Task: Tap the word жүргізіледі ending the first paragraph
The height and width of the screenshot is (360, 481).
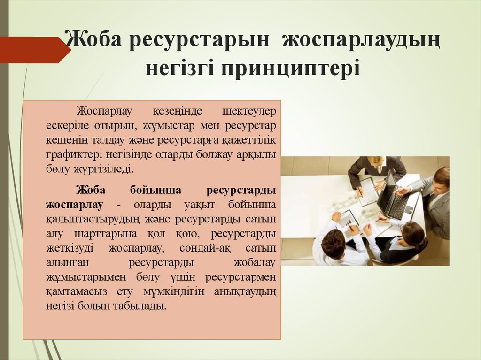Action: coord(104,169)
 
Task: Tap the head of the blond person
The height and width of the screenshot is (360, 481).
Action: coord(376,162)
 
